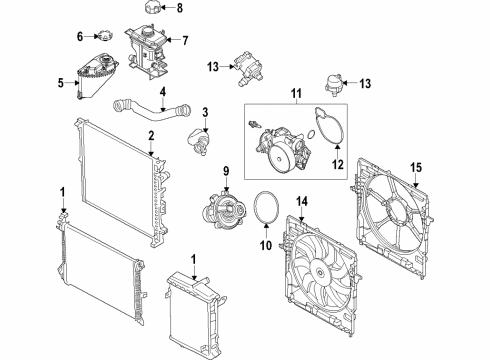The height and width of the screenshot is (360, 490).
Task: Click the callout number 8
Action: coord(180,9)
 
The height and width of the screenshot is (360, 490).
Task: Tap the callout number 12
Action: coord(337,163)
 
